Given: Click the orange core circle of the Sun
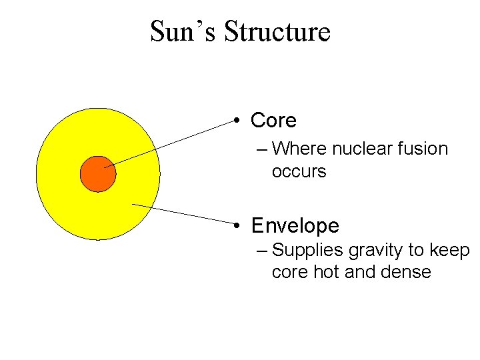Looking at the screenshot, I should click(98, 174).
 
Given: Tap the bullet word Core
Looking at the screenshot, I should click(273, 121).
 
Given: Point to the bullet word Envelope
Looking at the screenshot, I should click(295, 226).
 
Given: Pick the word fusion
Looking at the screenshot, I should click(424, 149).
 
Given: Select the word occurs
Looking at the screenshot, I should click(299, 171).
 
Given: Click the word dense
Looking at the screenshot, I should click(407, 272).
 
